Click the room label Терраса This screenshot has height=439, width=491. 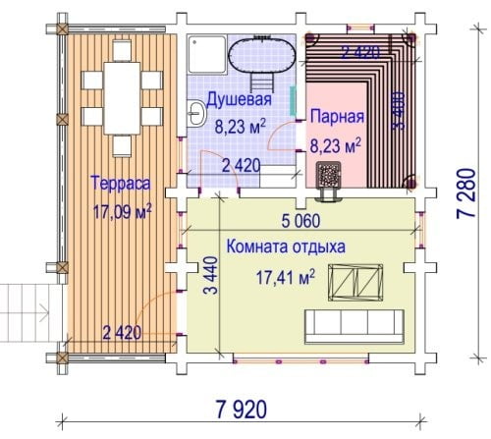tap(121, 183)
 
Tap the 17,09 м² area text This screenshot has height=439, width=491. tap(123, 212)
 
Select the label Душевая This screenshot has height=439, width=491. tap(240, 99)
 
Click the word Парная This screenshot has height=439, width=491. tap(337, 116)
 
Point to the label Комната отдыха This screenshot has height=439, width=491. tap(286, 247)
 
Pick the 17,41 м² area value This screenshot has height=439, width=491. tap(286, 278)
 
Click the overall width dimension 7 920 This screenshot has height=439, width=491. tap(242, 410)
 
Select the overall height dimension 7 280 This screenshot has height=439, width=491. tap(466, 193)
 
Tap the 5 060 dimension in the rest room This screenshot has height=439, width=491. tap(301, 221)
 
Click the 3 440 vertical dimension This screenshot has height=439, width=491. tap(211, 275)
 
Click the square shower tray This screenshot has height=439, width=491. tap(207, 55)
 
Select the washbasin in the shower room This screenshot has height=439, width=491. tap(196, 114)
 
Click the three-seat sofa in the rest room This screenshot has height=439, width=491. tap(355, 326)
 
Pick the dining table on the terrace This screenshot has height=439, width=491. tap(122, 98)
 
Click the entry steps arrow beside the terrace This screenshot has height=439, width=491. tap(44, 313)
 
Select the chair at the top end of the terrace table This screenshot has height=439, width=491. tap(122, 51)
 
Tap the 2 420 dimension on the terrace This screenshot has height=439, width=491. tap(122, 333)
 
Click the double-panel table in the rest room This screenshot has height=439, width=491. tap(355, 283)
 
